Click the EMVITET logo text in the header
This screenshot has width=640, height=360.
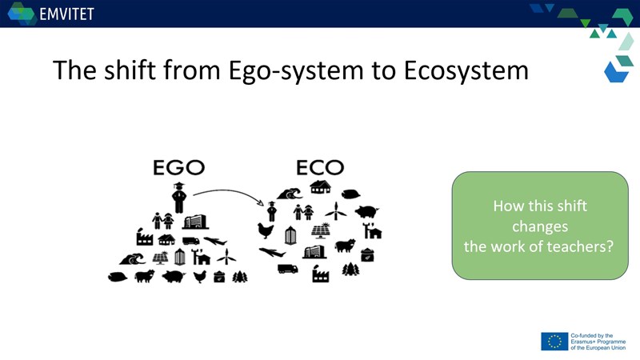pyautogui.click(x=66, y=14)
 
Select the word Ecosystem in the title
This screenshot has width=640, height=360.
pyautogui.click(x=466, y=70)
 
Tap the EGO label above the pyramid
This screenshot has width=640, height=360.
pyautogui.click(x=178, y=167)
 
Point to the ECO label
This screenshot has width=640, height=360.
pyautogui.click(x=320, y=167)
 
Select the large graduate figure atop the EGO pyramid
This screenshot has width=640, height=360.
pyautogui.click(x=178, y=198)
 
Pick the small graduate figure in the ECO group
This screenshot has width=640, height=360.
pyautogui.click(x=272, y=211)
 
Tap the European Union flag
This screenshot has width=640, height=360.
pyautogui.click(x=554, y=342)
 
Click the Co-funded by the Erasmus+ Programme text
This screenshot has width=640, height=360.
pyautogui.click(x=598, y=342)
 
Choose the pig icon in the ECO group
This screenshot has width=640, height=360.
pyautogui.click(x=366, y=211)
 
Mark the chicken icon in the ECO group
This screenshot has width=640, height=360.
pyautogui.click(x=266, y=230)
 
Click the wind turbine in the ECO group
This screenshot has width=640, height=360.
pyautogui.click(x=335, y=211)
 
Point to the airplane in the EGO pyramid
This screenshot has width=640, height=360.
pyautogui.click(x=215, y=241)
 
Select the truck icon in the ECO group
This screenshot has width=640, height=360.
pyautogui.click(x=288, y=269)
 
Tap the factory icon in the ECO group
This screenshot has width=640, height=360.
pyautogui.click(x=321, y=274)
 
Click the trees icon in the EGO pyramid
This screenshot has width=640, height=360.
pyautogui.click(x=240, y=277)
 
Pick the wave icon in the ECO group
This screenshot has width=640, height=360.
pyautogui.click(x=290, y=194)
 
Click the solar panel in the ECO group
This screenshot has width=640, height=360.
pyautogui.click(x=322, y=230)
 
